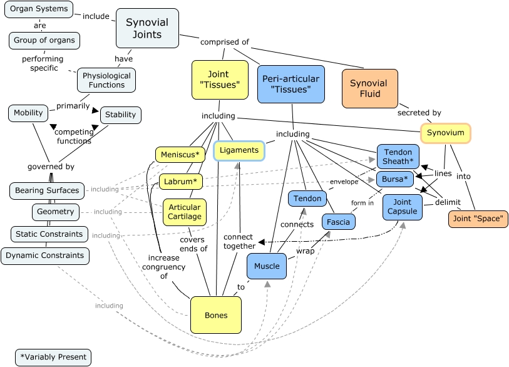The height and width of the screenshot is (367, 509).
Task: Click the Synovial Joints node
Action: tap(147, 28)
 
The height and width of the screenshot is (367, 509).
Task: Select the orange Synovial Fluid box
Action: tap(369, 88)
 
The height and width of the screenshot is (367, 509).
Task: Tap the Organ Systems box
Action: tap(38, 9)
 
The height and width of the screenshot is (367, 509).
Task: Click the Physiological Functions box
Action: tap(106, 80)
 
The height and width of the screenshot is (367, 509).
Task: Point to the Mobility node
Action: tap(28, 113)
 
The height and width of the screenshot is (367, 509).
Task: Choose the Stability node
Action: tap(120, 115)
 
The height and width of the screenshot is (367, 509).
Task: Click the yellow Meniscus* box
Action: tap(180, 155)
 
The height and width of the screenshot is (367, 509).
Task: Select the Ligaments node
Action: tap(239, 150)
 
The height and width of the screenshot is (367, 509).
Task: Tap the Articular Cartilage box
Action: tap(185, 212)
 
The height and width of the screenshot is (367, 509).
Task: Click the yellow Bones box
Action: tap(216, 315)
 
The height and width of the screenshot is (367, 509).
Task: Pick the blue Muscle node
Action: tap(267, 266)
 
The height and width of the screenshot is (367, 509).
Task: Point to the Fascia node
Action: tap(339, 222)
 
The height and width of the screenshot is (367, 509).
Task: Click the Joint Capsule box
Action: tap(402, 207)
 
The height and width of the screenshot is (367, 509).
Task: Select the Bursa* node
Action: tap(395, 179)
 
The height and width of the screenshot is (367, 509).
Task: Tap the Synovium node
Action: tap(445, 133)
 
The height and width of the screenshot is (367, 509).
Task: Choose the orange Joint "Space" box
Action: tap(478, 219)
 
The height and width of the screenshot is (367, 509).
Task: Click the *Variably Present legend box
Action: tap(53, 357)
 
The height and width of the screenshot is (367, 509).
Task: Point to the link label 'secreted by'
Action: tap(419, 113)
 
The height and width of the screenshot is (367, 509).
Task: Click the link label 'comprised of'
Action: tap(224, 42)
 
